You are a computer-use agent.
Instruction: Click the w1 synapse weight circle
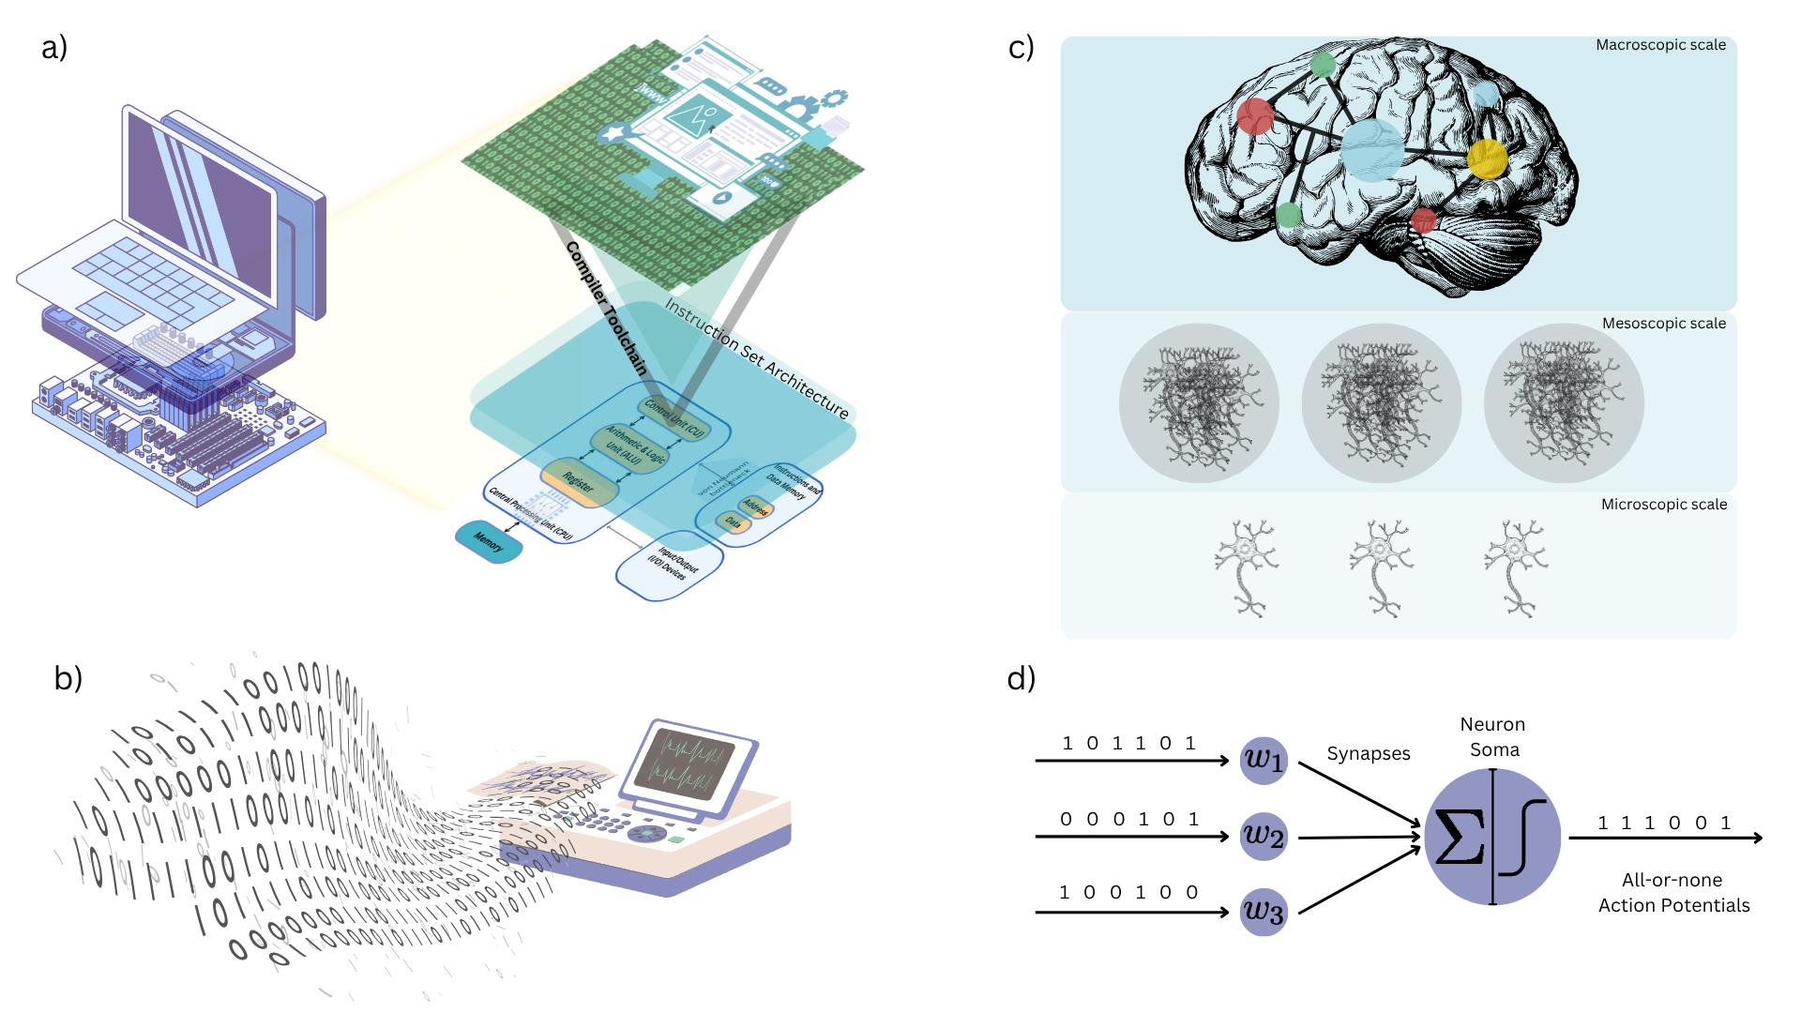pos(1263,760)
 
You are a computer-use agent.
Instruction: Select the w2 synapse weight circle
pos(1263,836)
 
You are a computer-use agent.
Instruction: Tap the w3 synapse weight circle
pos(1263,912)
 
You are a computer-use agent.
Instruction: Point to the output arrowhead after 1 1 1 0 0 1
pos(1757,838)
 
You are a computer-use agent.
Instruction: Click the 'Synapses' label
pos(1368,753)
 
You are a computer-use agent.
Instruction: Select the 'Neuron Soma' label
pos(1492,736)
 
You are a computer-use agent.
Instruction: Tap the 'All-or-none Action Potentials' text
pos(1673,892)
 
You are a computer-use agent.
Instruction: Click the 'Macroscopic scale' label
pos(1660,45)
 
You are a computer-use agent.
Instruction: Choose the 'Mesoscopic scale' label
pos(1663,324)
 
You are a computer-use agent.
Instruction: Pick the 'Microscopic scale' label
pos(1663,505)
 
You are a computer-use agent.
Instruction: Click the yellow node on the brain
pos(1487,159)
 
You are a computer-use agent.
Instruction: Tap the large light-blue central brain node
pos(1371,149)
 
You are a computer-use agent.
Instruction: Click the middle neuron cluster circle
pos(1381,403)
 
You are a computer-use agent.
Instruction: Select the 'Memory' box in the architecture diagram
pos(488,541)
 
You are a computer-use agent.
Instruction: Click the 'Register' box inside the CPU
pos(580,484)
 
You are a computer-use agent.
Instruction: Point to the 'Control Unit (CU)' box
pos(673,418)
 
